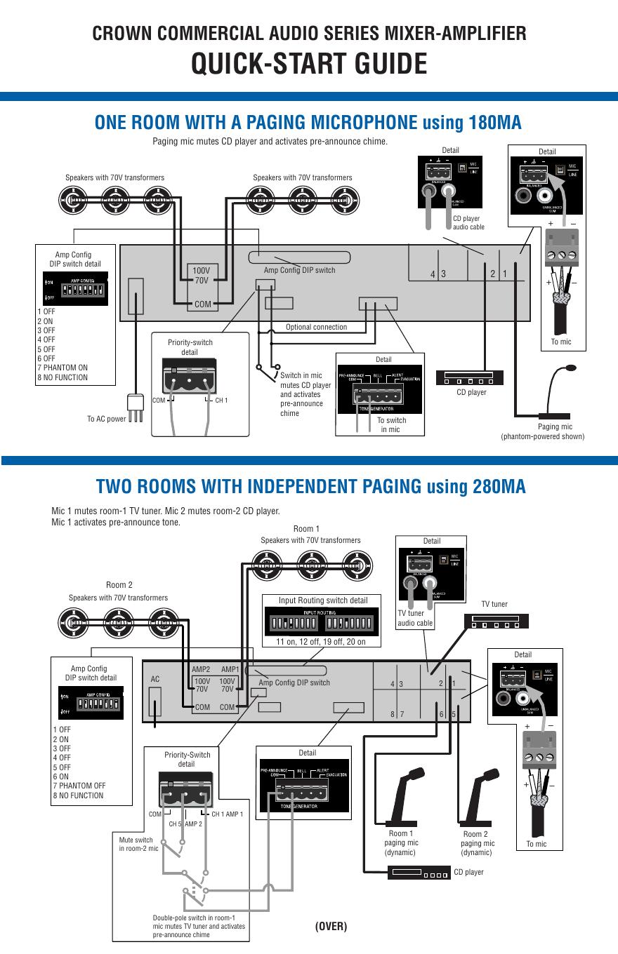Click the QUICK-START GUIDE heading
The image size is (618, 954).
(309, 65)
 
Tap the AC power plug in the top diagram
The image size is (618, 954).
(135, 406)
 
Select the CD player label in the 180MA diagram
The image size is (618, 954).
(471, 392)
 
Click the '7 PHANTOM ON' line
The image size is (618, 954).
(63, 368)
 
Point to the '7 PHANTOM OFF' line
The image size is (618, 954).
(79, 786)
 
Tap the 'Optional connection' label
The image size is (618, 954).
(316, 327)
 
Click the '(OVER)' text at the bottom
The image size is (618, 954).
(331, 926)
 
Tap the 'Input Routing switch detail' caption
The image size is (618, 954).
(323, 600)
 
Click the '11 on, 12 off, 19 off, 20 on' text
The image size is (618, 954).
(320, 641)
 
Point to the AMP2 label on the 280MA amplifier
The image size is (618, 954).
(201, 670)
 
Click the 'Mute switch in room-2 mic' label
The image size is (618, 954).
(138, 844)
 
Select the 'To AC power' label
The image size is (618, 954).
(107, 419)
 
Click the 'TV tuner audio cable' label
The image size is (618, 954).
(415, 618)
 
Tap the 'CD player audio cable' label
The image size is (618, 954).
(468, 223)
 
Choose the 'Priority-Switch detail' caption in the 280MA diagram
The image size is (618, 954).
(187, 759)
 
